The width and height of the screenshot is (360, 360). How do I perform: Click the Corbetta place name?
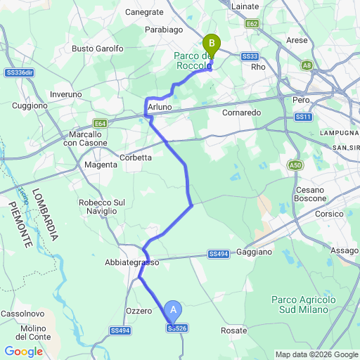click(x=136, y=157)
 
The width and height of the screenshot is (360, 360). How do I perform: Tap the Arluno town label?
click(x=160, y=107)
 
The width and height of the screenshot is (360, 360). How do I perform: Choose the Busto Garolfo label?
click(x=98, y=49)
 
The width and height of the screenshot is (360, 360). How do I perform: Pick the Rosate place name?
click(x=234, y=330)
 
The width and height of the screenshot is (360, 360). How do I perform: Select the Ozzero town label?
click(x=139, y=311)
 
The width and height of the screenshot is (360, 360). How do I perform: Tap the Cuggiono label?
click(x=30, y=105)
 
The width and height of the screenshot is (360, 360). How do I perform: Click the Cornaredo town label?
click(x=241, y=112)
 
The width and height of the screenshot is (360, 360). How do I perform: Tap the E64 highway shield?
click(x=101, y=124)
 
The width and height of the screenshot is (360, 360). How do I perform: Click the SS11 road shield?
click(x=304, y=117)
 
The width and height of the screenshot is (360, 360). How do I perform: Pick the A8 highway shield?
click(x=307, y=65)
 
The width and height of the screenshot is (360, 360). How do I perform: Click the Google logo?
click(x=23, y=352)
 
